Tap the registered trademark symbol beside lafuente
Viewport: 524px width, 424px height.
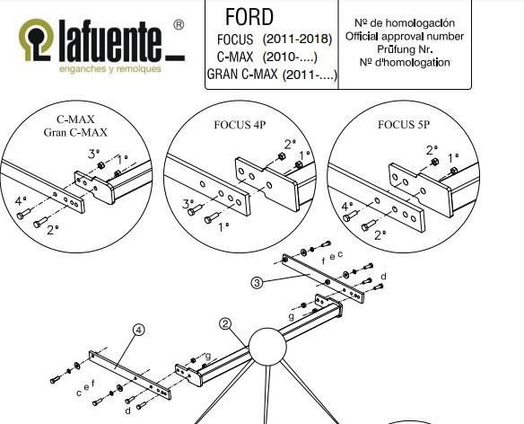click(x=179, y=26)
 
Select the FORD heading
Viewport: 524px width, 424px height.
click(x=249, y=17)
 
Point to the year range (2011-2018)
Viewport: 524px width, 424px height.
click(x=297, y=40)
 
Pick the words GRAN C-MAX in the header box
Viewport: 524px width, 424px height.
click(x=241, y=75)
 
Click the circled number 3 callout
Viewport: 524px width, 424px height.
click(x=257, y=282)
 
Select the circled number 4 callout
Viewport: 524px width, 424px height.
click(x=138, y=330)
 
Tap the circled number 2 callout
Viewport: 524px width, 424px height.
click(x=225, y=323)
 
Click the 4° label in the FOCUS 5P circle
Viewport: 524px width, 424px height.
click(x=346, y=207)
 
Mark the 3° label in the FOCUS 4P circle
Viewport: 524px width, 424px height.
click(x=188, y=205)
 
